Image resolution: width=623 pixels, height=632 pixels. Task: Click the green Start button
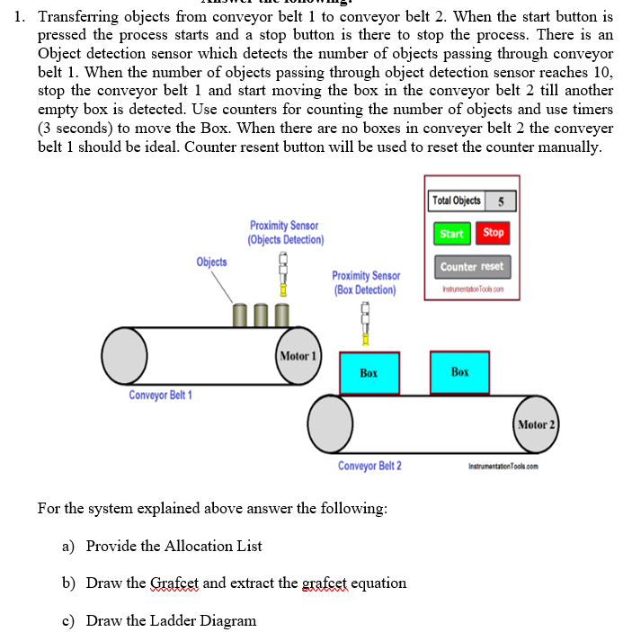pos(451,234)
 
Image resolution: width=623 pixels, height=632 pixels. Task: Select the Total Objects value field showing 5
pos(501,200)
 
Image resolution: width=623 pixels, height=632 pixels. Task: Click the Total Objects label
pos(456,200)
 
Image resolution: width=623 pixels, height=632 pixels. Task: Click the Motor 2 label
pos(537,423)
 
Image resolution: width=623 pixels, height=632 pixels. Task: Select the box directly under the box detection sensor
pos(369,372)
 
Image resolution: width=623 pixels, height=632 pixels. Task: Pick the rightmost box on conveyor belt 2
pos(459,372)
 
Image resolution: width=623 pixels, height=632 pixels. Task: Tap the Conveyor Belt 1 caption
pos(160,396)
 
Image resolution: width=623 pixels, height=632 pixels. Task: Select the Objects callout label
pos(211,262)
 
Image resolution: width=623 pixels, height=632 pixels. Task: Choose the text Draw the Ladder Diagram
pos(171,620)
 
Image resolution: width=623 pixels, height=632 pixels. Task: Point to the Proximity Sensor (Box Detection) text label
pos(365,282)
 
